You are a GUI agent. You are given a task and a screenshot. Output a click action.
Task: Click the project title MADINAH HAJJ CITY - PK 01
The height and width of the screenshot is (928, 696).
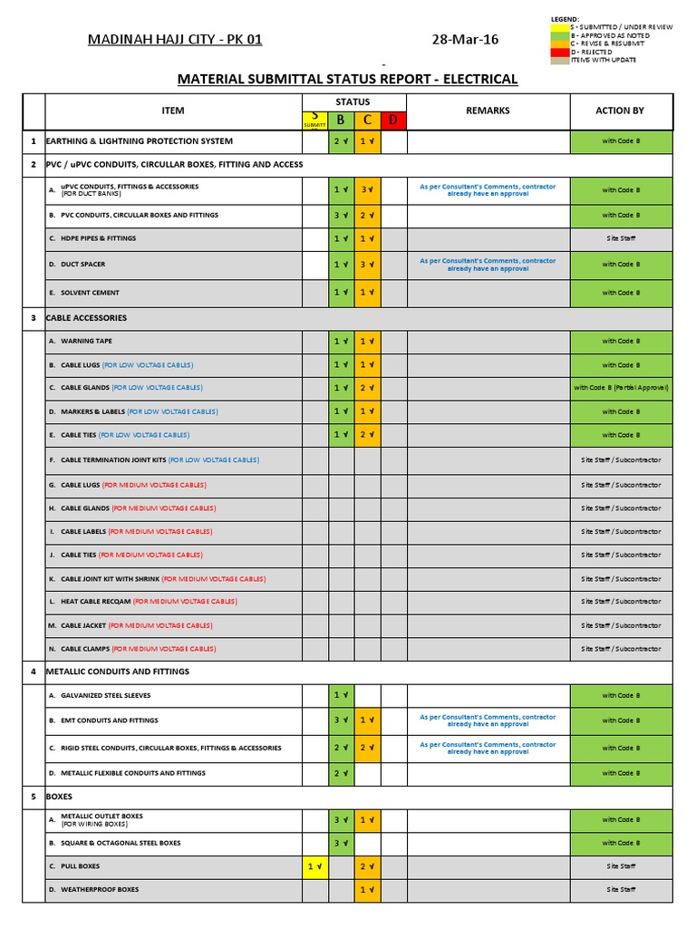coord(174,40)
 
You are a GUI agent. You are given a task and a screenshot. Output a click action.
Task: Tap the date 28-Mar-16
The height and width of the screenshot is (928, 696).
coord(465,40)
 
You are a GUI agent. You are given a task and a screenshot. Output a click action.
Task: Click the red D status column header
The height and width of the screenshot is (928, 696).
coord(394,120)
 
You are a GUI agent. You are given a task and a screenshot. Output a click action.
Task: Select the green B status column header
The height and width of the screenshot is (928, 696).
coord(341,120)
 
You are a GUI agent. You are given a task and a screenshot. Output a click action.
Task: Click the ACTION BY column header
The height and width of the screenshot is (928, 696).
coord(620,111)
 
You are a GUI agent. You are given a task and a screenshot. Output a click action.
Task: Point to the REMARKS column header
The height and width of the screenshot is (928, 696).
coord(488,111)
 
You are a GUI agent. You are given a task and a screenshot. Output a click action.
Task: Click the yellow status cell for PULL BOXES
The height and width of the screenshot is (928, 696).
coord(314,866)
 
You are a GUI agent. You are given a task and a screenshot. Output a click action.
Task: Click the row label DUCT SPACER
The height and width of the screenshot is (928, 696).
coord(82,265)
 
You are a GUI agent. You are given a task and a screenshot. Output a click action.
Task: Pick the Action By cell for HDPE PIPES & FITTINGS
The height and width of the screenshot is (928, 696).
coord(621,238)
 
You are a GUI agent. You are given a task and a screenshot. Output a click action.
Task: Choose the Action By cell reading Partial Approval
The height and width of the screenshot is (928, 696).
coord(621,388)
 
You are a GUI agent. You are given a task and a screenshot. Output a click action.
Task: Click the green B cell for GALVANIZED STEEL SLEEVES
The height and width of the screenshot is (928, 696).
coord(341,695)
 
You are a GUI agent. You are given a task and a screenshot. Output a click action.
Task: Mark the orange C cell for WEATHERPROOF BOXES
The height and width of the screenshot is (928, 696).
coord(368,890)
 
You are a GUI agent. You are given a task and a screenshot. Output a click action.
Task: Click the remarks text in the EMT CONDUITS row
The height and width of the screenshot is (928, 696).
coord(488,720)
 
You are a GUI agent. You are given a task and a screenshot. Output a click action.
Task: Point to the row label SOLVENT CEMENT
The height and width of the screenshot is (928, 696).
coord(90,293)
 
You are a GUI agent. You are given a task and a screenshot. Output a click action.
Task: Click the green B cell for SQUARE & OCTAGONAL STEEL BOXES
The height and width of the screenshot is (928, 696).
coord(341,843)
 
